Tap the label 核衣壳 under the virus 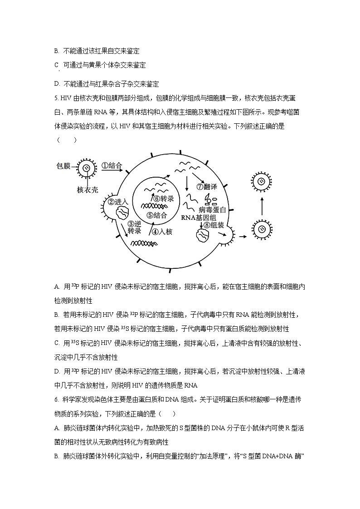(87, 189)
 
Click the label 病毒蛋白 (212, 209)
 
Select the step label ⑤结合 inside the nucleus (156, 215)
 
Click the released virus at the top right (262, 182)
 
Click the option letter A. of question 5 (57, 286)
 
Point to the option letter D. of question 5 (57, 371)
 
